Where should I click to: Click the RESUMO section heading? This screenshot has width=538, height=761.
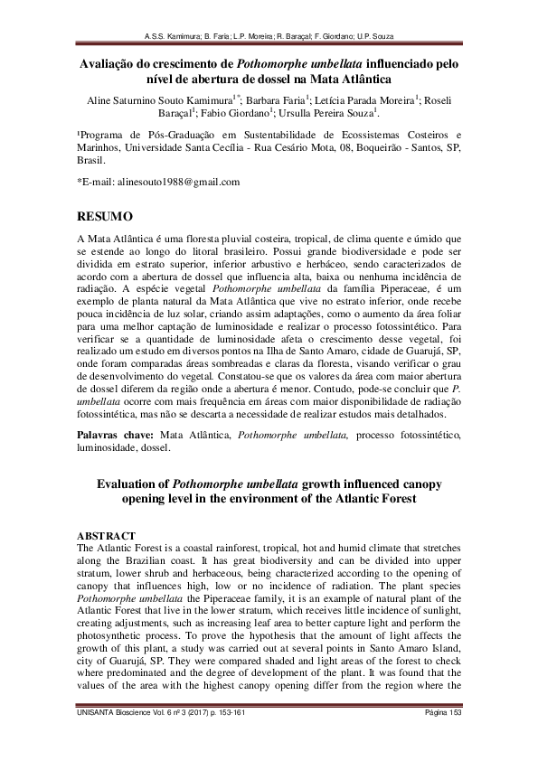click(106, 217)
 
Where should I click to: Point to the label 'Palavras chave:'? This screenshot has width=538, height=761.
click(110, 435)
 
